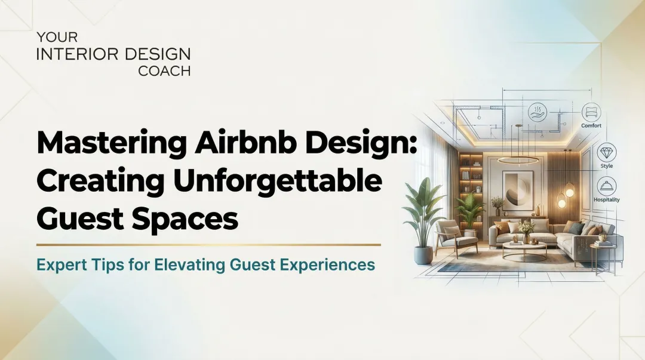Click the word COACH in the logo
click(164, 71)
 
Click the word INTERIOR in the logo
click(71, 54)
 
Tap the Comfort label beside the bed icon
click(591, 126)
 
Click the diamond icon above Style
click(607, 152)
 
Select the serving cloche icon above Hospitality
click(607, 186)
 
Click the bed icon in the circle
click(591, 112)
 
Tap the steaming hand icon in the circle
click(537, 112)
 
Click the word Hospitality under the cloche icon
click(607, 200)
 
